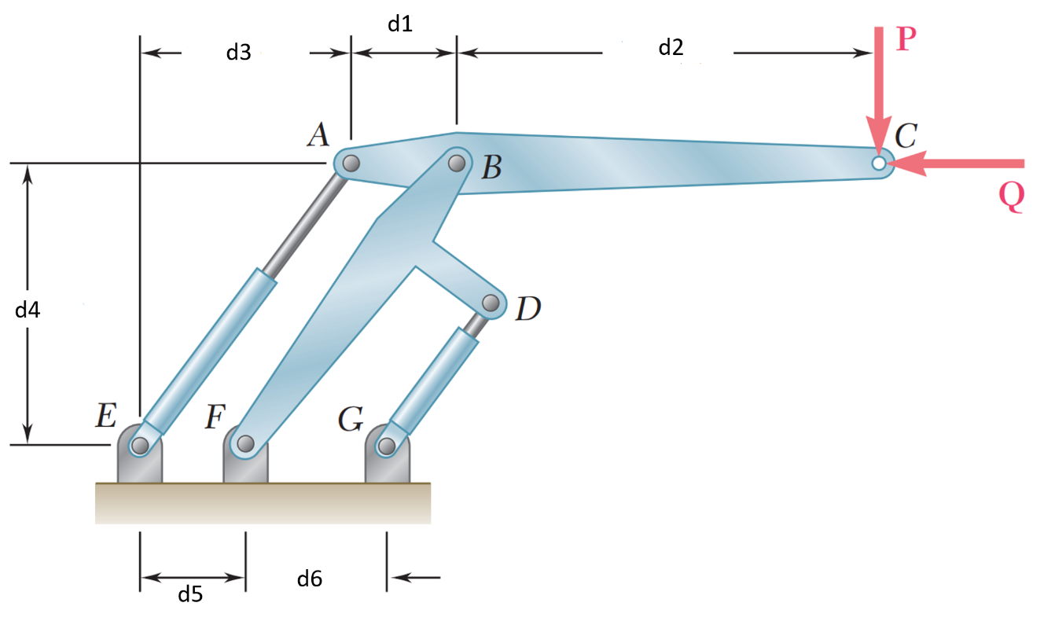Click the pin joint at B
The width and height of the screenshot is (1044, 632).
coord(457,163)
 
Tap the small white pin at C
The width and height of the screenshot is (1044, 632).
coord(879,163)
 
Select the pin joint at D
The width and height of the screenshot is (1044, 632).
coord(491,303)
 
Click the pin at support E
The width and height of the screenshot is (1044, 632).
coord(140,446)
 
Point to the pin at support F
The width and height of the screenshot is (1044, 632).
coord(246,446)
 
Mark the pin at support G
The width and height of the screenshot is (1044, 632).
coord(386,446)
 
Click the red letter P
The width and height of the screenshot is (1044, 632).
coord(906,39)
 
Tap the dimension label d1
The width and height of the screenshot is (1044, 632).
coord(400,24)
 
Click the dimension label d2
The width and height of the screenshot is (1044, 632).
coord(671,48)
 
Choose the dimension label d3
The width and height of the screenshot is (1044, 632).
coord(238,53)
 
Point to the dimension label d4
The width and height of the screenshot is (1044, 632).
coord(28,310)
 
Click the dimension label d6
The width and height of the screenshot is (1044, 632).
coord(310,579)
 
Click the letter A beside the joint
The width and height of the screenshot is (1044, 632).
coord(318,136)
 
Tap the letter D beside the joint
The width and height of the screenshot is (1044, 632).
coord(528,310)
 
